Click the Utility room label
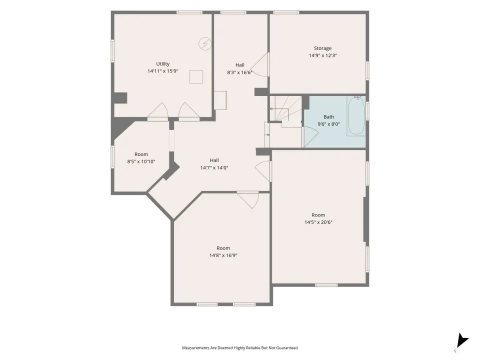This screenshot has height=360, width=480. coord(162,63)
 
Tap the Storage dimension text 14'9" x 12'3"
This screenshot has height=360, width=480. coord(322,55)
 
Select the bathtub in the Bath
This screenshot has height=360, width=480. coord(356,115)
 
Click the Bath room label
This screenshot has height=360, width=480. coord(329,116)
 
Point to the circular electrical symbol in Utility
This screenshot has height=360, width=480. coord(205,43)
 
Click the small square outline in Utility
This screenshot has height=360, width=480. coord(196,76)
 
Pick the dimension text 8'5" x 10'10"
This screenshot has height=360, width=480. coord(141,161)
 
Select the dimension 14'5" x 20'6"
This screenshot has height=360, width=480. coord(318,222)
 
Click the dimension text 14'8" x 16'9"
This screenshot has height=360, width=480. coord(223,255)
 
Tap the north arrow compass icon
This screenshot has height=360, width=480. coord(462,341)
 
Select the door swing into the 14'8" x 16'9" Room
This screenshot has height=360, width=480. coord(248,200)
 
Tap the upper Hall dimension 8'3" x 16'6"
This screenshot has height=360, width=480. coord(239,72)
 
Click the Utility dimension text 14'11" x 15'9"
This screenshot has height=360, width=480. coord(163,71)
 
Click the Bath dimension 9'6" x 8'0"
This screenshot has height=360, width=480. coord(329,124)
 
